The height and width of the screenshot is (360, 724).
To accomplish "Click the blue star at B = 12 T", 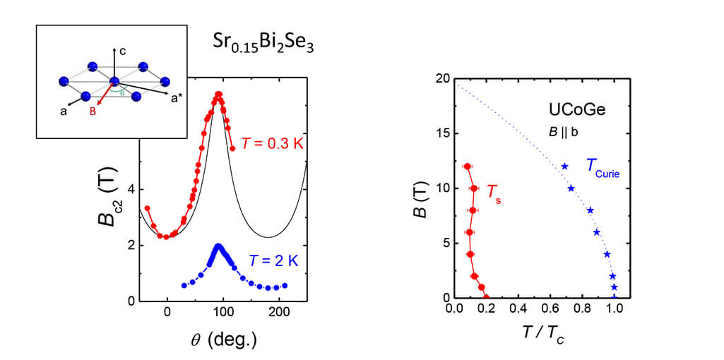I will [x=564, y=167].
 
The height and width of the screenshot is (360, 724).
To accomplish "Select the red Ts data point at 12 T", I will [x=468, y=167].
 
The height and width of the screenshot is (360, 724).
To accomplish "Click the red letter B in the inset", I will [x=93, y=112].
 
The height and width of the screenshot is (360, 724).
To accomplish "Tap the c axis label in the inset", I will [x=123, y=51].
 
